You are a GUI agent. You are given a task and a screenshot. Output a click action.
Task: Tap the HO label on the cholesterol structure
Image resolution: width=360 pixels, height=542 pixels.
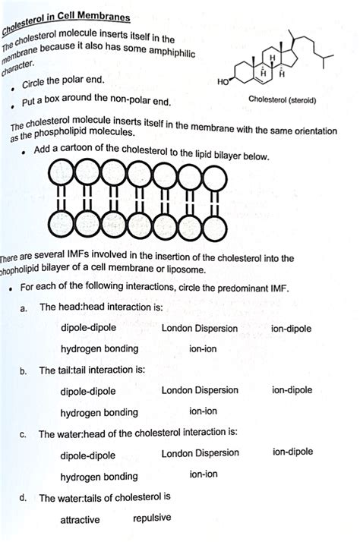(x=223, y=81)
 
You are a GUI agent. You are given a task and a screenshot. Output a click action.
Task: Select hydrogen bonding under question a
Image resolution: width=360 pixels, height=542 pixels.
(x=99, y=349)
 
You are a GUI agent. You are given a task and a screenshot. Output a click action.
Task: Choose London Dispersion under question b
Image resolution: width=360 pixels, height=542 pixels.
(x=200, y=389)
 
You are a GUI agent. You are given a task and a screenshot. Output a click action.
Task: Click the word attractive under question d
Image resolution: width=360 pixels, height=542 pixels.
(x=84, y=520)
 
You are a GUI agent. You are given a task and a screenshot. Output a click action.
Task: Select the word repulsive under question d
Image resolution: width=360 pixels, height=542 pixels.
(x=152, y=518)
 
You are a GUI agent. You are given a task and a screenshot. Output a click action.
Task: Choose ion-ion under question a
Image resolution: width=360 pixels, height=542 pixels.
(x=204, y=348)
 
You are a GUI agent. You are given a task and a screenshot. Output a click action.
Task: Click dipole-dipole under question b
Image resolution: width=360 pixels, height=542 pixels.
(x=88, y=391)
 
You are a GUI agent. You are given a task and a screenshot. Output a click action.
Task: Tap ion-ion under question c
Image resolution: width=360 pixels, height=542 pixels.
(x=204, y=474)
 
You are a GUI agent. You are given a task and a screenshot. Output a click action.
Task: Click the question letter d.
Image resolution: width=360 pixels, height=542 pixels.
(x=24, y=498)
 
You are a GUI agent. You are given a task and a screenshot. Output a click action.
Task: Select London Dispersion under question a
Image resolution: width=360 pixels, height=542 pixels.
(x=200, y=329)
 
